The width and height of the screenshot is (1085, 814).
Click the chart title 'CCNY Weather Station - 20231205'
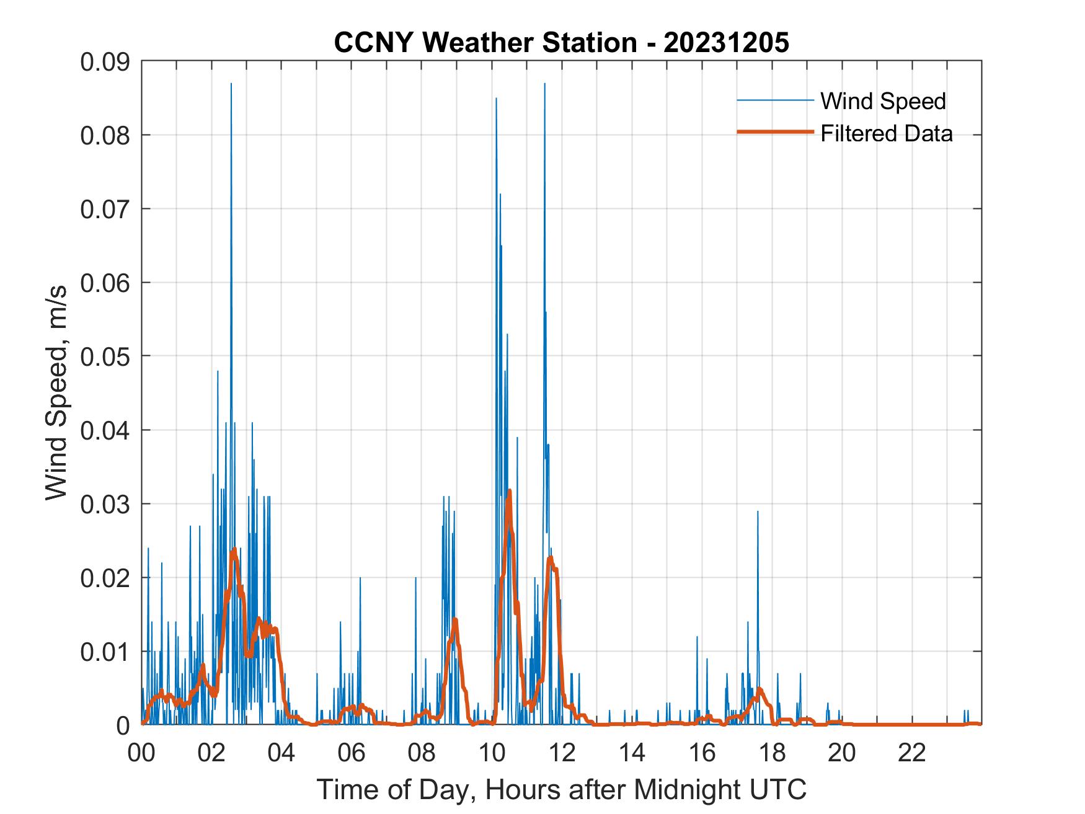561,43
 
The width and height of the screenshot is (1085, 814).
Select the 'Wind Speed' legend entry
883,101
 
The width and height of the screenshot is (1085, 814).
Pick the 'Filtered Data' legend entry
886,133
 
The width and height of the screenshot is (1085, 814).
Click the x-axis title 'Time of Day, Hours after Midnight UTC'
562,789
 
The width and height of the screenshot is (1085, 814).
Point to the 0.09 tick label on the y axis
105,61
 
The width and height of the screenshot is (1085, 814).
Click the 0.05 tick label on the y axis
105,356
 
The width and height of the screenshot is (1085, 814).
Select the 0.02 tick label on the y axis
105,577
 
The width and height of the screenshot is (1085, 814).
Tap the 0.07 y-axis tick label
105,209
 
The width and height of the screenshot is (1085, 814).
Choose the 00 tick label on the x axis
142,753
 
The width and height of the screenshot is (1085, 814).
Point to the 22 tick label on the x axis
913,753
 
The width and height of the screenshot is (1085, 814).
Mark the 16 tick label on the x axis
702,753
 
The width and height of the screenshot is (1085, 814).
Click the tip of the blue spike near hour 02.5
231,84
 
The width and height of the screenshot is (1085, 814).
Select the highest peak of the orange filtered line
509,491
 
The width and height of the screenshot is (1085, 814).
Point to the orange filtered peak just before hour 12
550,558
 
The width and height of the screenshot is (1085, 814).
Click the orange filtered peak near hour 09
455,619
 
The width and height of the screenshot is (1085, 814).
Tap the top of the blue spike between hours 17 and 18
758,511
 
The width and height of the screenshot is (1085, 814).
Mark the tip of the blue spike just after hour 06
360,578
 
